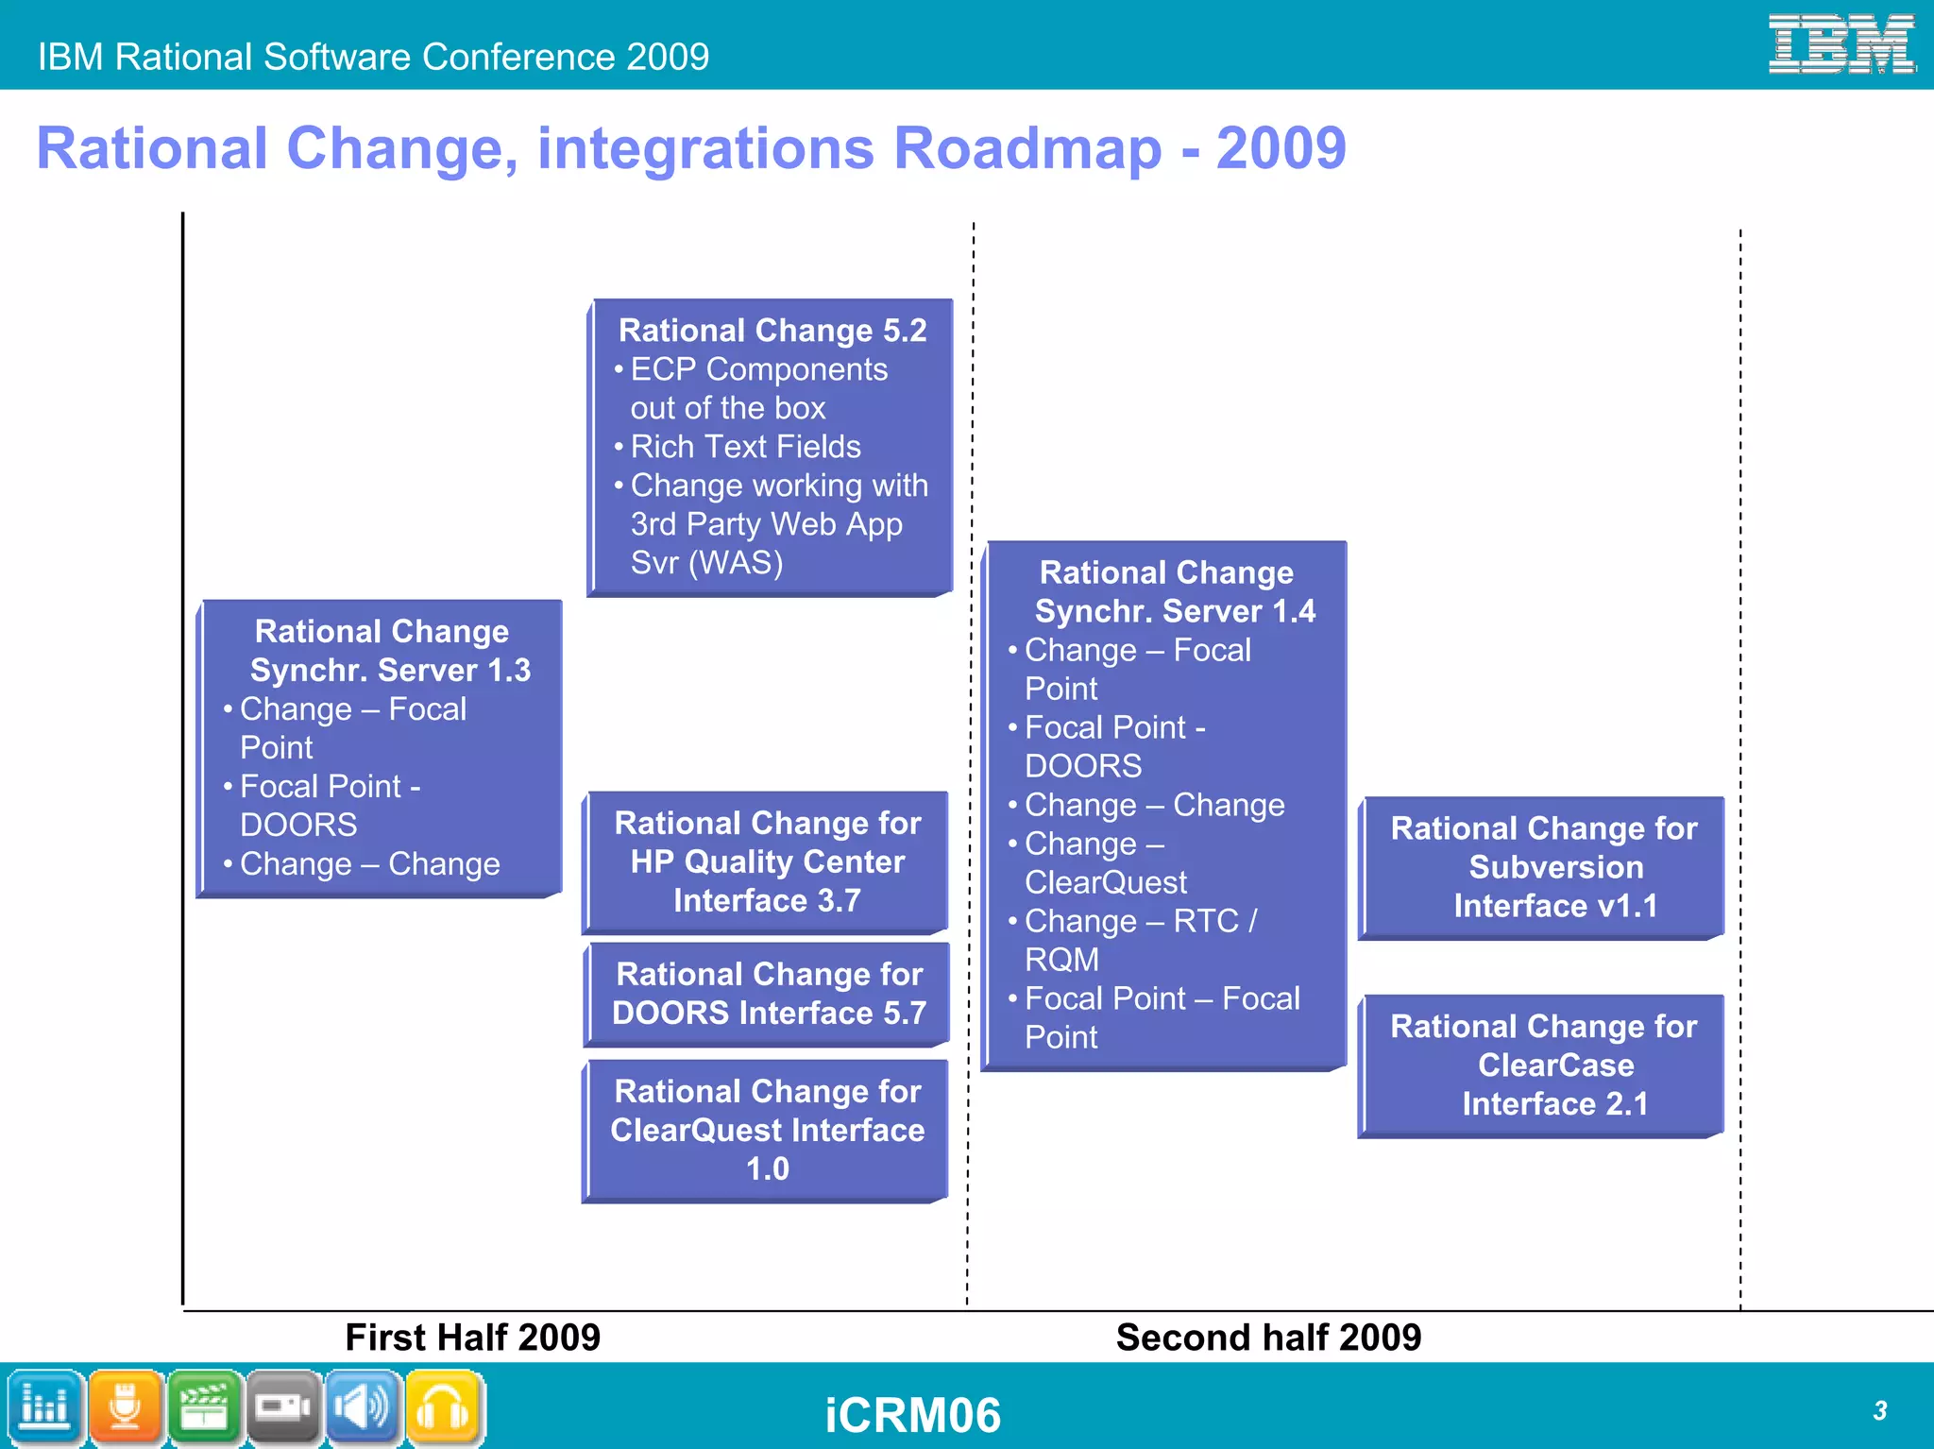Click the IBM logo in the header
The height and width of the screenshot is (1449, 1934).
1841,43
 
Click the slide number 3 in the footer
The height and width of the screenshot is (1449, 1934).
1879,1410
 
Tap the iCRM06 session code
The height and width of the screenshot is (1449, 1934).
912,1415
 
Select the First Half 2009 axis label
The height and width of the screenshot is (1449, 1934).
472,1337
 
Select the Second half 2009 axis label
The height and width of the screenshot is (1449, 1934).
1268,1337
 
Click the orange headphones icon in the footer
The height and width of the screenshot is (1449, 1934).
444,1408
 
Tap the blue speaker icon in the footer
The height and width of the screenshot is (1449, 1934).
364,1408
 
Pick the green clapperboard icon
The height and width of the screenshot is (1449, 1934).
204,1408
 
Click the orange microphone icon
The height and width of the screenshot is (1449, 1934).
125,1408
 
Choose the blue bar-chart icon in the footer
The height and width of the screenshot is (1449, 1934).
44,1408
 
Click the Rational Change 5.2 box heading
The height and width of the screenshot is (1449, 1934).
772,330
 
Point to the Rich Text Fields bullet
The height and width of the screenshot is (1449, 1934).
744,446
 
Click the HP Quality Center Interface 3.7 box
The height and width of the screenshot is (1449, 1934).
767,861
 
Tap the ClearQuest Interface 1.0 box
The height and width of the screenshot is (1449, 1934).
767,1130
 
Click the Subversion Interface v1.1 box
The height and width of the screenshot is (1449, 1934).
1543,867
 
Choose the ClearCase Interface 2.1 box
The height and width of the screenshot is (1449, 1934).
1543,1065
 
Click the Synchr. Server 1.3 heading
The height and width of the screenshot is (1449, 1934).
382,651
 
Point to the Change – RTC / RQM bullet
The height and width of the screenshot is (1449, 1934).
1140,939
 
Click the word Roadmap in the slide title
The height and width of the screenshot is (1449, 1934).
1027,148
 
